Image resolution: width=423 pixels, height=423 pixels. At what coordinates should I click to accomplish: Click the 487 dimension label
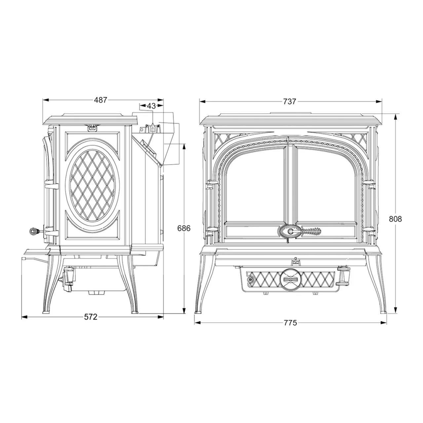point(100,100)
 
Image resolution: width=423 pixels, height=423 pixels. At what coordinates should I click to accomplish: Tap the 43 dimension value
point(151,106)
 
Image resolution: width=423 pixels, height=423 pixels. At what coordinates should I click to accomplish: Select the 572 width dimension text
point(91,317)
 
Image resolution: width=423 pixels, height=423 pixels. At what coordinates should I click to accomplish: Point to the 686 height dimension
point(184,228)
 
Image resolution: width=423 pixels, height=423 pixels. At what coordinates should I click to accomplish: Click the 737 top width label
point(289,102)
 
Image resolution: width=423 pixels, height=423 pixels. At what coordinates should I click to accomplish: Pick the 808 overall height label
point(395,219)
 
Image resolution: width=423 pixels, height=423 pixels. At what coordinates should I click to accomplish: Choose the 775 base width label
point(290,323)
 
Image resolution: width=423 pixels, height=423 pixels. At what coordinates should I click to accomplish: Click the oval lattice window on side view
point(93,185)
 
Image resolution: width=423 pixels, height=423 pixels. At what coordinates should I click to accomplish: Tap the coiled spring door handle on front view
point(311,231)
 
